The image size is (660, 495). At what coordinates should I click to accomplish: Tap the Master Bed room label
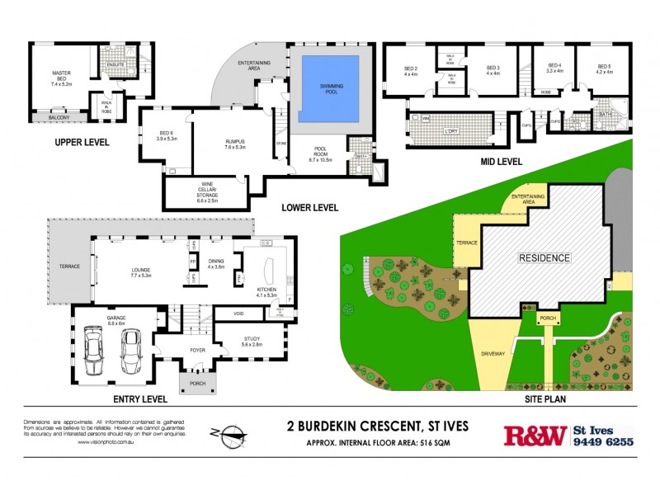click(62, 78)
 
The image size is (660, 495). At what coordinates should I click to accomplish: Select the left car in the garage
click(93, 352)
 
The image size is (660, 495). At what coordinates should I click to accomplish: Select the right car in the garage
click(132, 352)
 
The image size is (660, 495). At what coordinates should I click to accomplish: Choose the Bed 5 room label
click(604, 68)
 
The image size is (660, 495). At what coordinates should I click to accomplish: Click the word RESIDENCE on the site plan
click(544, 258)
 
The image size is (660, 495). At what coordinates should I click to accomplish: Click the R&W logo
click(535, 436)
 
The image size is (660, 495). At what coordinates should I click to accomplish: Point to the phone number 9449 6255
click(603, 442)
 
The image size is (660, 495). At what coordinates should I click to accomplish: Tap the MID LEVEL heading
click(501, 162)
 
